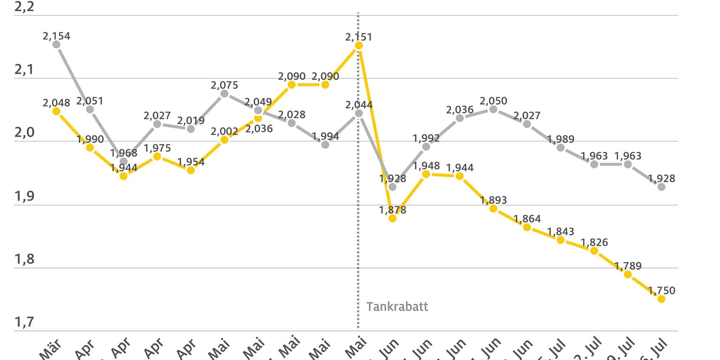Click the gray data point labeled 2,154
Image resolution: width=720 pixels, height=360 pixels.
pyautogui.click(x=57, y=44)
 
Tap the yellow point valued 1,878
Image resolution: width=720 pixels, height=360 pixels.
pyautogui.click(x=393, y=218)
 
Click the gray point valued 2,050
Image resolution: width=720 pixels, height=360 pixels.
pyautogui.click(x=493, y=109)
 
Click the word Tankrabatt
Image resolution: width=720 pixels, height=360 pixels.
pyautogui.click(x=397, y=306)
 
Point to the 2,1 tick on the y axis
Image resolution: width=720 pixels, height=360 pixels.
pyautogui.click(x=24, y=70)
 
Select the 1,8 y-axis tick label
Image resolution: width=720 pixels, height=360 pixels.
pyautogui.click(x=24, y=259)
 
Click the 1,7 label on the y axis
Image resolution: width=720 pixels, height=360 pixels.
pyautogui.click(x=24, y=322)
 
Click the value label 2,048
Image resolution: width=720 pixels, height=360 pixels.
pyautogui.click(x=56, y=103)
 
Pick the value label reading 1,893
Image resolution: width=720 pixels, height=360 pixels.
pyautogui.click(x=493, y=200)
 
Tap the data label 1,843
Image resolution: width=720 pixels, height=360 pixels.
pyautogui.click(x=560, y=232)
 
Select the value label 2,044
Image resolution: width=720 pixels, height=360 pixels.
pyautogui.click(x=359, y=105)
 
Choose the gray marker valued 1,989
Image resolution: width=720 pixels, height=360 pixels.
pyautogui.click(x=561, y=148)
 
